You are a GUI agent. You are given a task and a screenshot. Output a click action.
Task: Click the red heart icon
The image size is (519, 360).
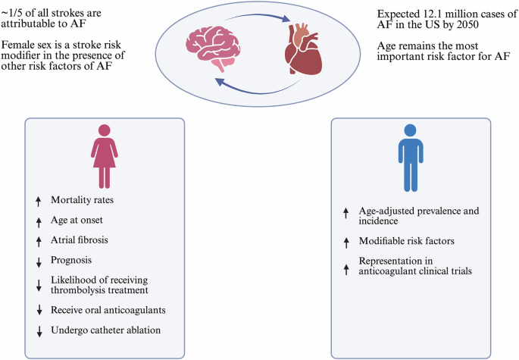[x=303, y=49]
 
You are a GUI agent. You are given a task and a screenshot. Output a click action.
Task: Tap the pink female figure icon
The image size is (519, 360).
[x=105, y=156]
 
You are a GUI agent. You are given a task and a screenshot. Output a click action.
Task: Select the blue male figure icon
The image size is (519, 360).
[x=411, y=158]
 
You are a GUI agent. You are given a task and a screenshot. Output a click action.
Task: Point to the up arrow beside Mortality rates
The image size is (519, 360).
[x=39, y=202]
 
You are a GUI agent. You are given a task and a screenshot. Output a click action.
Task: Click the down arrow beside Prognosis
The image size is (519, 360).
[x=39, y=262]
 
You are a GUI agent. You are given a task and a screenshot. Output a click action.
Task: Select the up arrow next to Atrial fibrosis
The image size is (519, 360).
[x=39, y=242]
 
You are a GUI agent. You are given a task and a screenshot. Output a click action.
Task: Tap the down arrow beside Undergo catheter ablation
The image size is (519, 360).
[x=39, y=331]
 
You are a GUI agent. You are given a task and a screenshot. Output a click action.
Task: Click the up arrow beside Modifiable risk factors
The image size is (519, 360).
[x=346, y=243]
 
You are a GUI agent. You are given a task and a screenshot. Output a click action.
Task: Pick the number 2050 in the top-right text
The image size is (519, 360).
[x=467, y=24]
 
